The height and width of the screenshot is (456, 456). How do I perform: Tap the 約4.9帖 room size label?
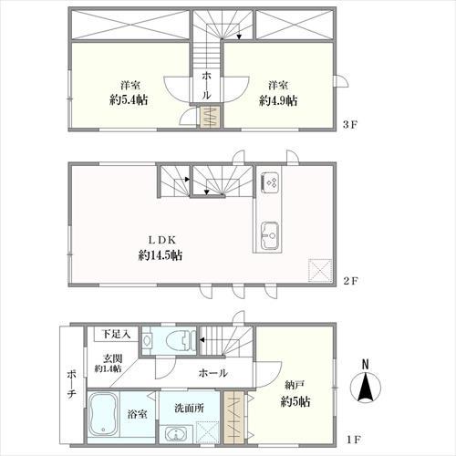coord(278,101)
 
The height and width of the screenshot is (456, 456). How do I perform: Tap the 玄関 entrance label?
coord(109,358)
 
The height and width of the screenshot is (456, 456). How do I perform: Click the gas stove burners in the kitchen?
coord(272,183)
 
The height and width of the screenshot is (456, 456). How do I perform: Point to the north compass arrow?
coord(366,389)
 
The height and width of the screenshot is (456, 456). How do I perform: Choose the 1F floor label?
coord(350,440)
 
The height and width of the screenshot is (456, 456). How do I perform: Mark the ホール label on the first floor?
coord(212,373)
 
